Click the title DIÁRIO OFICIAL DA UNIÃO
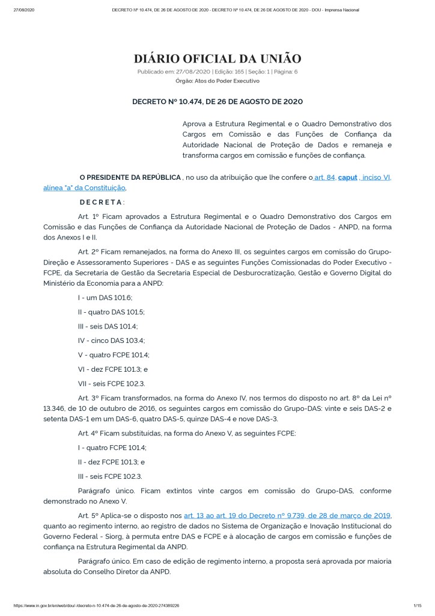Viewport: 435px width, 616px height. coord(217,58)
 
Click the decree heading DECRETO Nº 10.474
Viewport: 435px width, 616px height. coord(217,102)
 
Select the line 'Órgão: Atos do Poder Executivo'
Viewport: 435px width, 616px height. coord(217,80)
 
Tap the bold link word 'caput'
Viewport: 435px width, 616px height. coord(347,177)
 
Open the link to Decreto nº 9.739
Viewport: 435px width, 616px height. coord(287,516)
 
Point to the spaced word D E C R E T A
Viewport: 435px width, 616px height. coord(101,202)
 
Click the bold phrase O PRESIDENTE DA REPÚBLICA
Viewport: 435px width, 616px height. coord(130,177)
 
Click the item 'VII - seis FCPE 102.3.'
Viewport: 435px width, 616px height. coord(111,383)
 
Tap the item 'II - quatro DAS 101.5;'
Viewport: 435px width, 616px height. coord(111,312)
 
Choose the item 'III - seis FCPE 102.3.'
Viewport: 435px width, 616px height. coord(109,476)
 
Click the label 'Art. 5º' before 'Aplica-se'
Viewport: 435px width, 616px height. coord(89,516)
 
